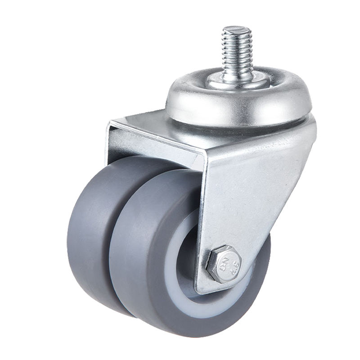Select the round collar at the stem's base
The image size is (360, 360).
pyautogui.click(x=238, y=83)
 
